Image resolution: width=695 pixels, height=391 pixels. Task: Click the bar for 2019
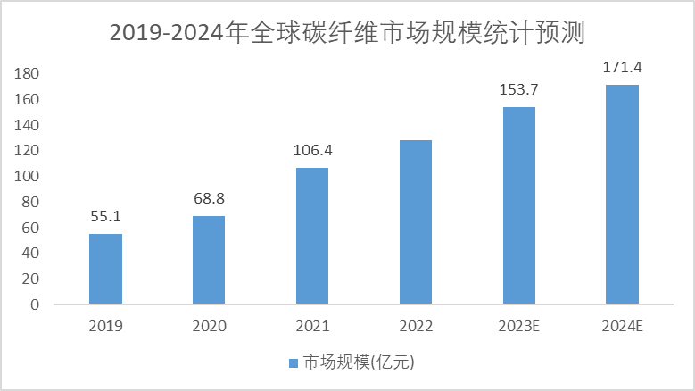(105, 269)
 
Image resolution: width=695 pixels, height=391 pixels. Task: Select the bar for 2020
(209, 260)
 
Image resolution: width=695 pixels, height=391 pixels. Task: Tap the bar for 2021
(312, 236)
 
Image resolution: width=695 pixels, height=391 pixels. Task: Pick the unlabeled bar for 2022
(416, 222)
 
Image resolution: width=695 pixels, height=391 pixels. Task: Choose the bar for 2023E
(519, 205)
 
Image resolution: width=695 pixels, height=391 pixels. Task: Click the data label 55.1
(105, 216)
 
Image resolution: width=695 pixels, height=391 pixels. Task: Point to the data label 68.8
(209, 198)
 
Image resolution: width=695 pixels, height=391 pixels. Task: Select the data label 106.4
(312, 150)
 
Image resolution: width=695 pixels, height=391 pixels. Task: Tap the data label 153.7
(519, 89)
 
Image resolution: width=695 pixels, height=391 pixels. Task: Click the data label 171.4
(623, 67)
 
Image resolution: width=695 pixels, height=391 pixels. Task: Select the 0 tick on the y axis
(35, 304)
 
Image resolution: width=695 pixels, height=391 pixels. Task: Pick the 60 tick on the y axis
(30, 228)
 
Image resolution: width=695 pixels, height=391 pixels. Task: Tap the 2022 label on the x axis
(416, 326)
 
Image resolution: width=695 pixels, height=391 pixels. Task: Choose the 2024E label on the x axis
(623, 326)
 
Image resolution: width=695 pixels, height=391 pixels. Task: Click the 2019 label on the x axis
(105, 326)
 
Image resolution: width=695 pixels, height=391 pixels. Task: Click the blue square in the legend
(293, 363)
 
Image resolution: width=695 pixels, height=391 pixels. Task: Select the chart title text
(348, 33)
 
